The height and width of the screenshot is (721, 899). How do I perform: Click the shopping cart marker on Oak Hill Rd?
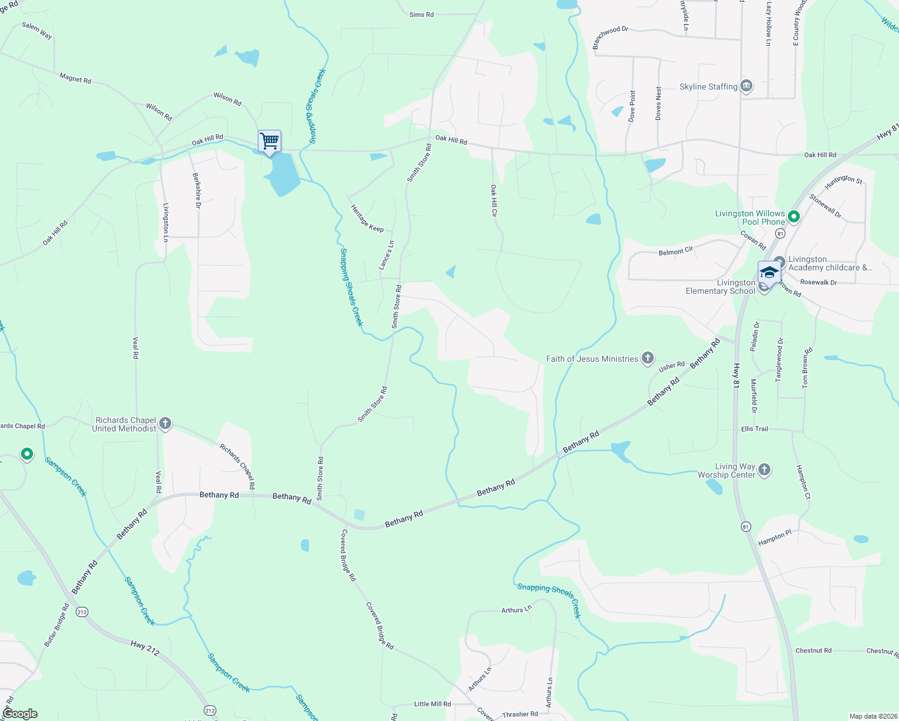pyautogui.click(x=270, y=142)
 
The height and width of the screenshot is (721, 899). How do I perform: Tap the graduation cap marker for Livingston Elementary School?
pyautogui.click(x=769, y=273)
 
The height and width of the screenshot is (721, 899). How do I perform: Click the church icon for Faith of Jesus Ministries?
pyautogui.click(x=647, y=359)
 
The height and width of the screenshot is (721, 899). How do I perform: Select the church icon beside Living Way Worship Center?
pyautogui.click(x=764, y=470)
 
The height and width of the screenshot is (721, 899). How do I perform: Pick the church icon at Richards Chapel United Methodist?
pyautogui.click(x=165, y=424)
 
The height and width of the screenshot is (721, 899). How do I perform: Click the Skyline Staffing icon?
pyautogui.click(x=746, y=87)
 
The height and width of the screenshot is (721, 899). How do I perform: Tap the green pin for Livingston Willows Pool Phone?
pyautogui.click(x=793, y=217)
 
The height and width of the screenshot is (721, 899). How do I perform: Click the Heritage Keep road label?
pyautogui.click(x=367, y=218)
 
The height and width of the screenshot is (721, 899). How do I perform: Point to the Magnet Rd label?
pyautogui.click(x=75, y=78)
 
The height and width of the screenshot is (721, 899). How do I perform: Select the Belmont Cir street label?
pyautogui.click(x=675, y=252)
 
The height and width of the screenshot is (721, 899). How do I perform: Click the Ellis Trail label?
pyautogui.click(x=754, y=429)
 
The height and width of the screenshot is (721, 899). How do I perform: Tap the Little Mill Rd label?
pyautogui.click(x=432, y=704)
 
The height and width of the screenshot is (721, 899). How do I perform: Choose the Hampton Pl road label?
pyautogui.click(x=775, y=537)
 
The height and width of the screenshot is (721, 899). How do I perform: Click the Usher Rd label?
pyautogui.click(x=671, y=366)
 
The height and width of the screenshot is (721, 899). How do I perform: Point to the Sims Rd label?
pyautogui.click(x=421, y=14)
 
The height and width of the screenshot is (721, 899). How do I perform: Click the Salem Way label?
pyautogui.click(x=37, y=31)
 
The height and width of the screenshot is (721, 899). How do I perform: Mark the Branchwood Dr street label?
pyautogui.click(x=610, y=37)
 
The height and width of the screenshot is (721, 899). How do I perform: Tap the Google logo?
pyautogui.click(x=20, y=714)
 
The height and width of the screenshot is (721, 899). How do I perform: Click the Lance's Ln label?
pyautogui.click(x=386, y=255)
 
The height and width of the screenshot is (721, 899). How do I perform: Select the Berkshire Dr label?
pyautogui.click(x=197, y=190)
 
